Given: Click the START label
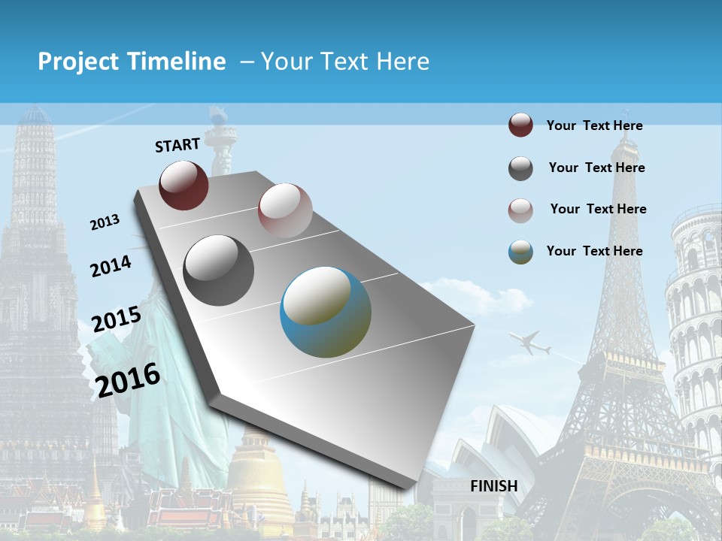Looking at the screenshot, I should click(x=177, y=145).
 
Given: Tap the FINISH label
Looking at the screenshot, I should click(x=494, y=486).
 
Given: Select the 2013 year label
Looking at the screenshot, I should click(x=105, y=222).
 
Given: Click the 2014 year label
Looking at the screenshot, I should click(x=111, y=266).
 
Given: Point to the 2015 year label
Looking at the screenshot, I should click(x=117, y=319).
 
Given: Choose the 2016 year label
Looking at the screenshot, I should click(x=128, y=379).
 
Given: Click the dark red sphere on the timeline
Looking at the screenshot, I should click(x=184, y=185).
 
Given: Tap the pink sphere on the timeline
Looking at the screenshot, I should click(x=285, y=210).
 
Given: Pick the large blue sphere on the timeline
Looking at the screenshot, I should click(x=326, y=312).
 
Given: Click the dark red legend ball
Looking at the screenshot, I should click(x=520, y=125).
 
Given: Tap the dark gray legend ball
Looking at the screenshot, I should click(x=520, y=168).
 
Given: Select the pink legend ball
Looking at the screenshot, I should click(x=520, y=210).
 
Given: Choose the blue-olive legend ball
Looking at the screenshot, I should click(x=520, y=252).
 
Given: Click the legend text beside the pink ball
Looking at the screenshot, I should click(x=598, y=209).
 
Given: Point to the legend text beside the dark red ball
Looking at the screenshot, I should click(x=594, y=125).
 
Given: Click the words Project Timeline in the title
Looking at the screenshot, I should click(x=132, y=62).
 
